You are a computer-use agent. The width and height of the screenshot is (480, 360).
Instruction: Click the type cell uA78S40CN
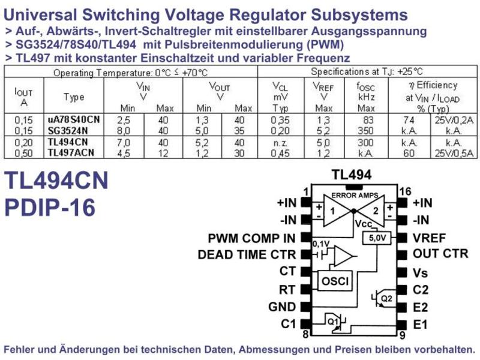coord(74,119)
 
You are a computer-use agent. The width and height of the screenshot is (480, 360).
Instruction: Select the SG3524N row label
coord(68,131)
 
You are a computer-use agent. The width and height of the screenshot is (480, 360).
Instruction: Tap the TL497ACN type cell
coord(71,152)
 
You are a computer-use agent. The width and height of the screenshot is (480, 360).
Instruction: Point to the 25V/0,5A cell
coord(454,153)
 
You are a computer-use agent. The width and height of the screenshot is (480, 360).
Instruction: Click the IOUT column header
coord(23,97)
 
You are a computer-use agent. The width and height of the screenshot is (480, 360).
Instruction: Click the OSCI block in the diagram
coord(335,280)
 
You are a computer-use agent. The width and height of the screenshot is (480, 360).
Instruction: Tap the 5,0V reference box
coord(377,238)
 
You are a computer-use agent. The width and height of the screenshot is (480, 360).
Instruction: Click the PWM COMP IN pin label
coord(251,238)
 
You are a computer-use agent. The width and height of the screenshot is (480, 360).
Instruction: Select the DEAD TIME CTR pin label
coord(247,254)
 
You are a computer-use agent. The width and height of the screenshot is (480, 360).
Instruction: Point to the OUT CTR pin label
coord(440,253)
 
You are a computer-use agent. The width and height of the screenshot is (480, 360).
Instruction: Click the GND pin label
coord(282,307)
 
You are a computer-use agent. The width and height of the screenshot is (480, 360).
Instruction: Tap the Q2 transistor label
coord(386,298)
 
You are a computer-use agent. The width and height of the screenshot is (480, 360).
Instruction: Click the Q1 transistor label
coord(333,322)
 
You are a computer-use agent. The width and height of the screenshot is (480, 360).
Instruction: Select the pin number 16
coord(405,191)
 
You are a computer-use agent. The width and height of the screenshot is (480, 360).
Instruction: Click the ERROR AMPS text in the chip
coord(355,196)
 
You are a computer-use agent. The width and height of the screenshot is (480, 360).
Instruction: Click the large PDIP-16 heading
coord(50,208)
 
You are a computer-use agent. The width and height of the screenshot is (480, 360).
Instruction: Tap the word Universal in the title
coord(41,14)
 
